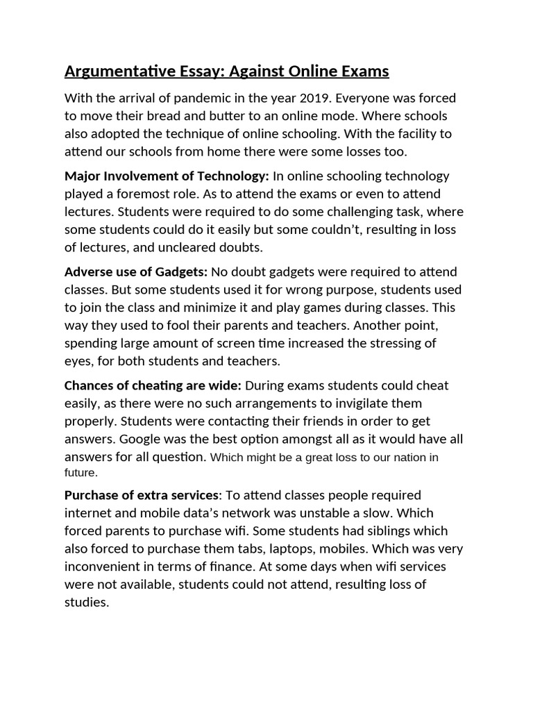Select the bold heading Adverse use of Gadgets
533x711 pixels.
point(136,271)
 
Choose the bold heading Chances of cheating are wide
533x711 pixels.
point(153,385)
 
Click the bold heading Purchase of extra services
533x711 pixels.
point(142,495)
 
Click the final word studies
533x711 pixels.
point(86,602)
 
